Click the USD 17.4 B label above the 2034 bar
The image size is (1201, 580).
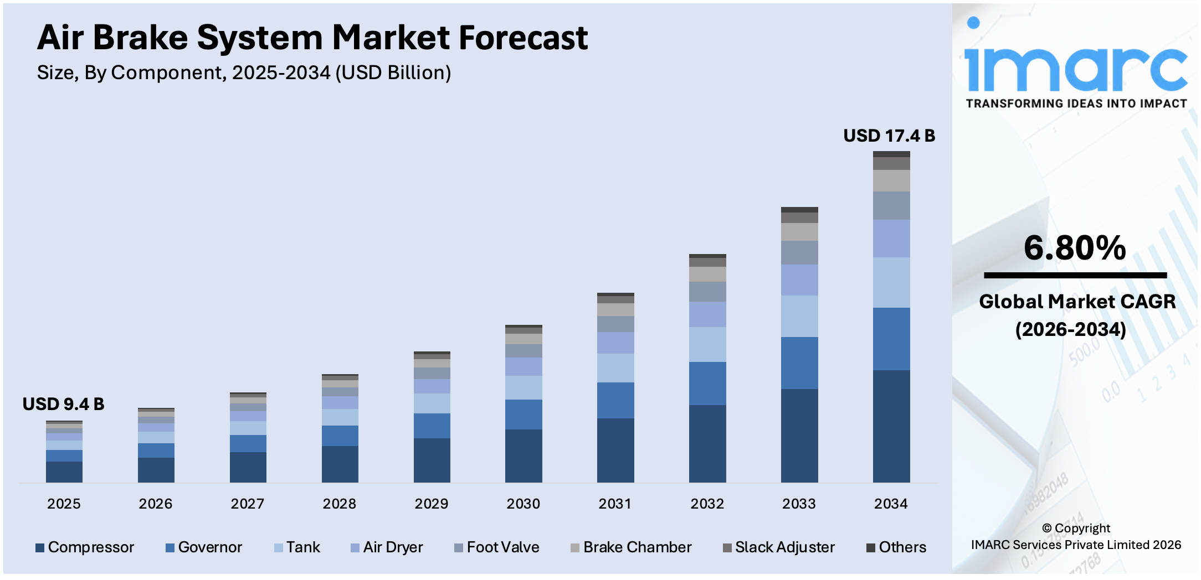(x=889, y=136)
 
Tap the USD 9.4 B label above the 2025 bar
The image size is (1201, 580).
(x=63, y=404)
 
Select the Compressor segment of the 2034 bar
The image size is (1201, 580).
(x=891, y=426)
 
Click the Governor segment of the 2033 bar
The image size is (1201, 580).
(x=799, y=363)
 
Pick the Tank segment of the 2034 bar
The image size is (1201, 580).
(x=891, y=282)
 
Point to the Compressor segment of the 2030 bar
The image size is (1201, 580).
(x=523, y=455)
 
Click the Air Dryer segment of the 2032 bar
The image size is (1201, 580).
(x=707, y=314)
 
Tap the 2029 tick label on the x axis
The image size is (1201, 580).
(x=431, y=504)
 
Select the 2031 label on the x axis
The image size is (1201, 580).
(x=615, y=504)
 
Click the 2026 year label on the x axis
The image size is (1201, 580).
(x=155, y=504)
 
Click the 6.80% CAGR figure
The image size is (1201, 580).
(x=1074, y=247)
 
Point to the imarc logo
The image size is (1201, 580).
(x=1075, y=64)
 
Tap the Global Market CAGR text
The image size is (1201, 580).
(x=1076, y=302)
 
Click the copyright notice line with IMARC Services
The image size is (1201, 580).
(x=1076, y=545)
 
